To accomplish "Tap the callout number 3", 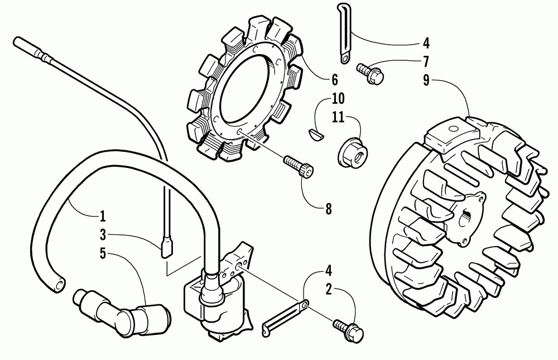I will pos(103,235).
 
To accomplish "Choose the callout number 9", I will pos(426,79).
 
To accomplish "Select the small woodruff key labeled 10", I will pos(317,134).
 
